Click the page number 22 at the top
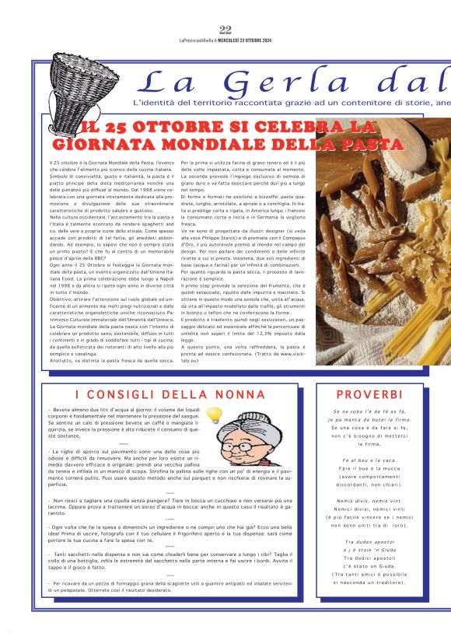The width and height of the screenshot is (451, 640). pyautogui.click(x=226, y=30)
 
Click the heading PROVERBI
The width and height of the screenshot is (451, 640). pyautogui.click(x=369, y=395)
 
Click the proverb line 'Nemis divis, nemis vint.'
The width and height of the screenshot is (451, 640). pyautogui.click(x=369, y=478)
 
